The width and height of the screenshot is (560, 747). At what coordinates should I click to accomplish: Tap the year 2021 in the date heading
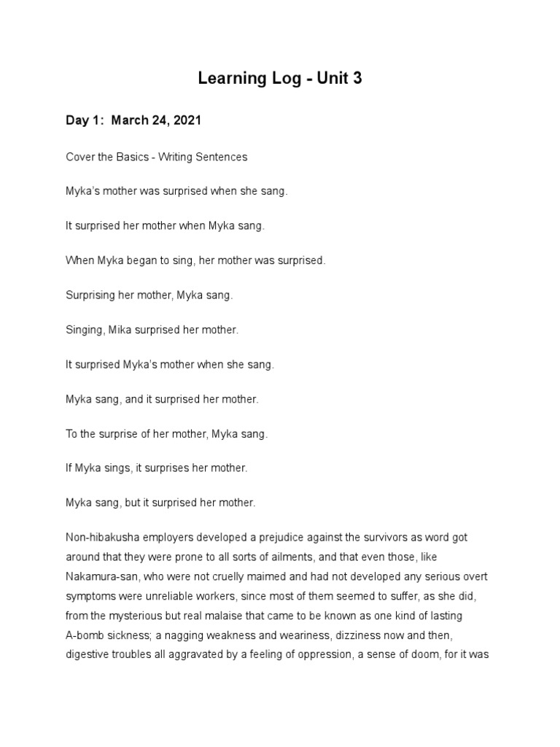[185, 120]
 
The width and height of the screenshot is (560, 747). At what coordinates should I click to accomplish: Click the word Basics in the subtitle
[124, 157]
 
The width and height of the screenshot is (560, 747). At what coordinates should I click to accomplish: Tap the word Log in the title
[287, 79]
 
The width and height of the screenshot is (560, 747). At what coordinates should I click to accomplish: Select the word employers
[168, 538]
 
